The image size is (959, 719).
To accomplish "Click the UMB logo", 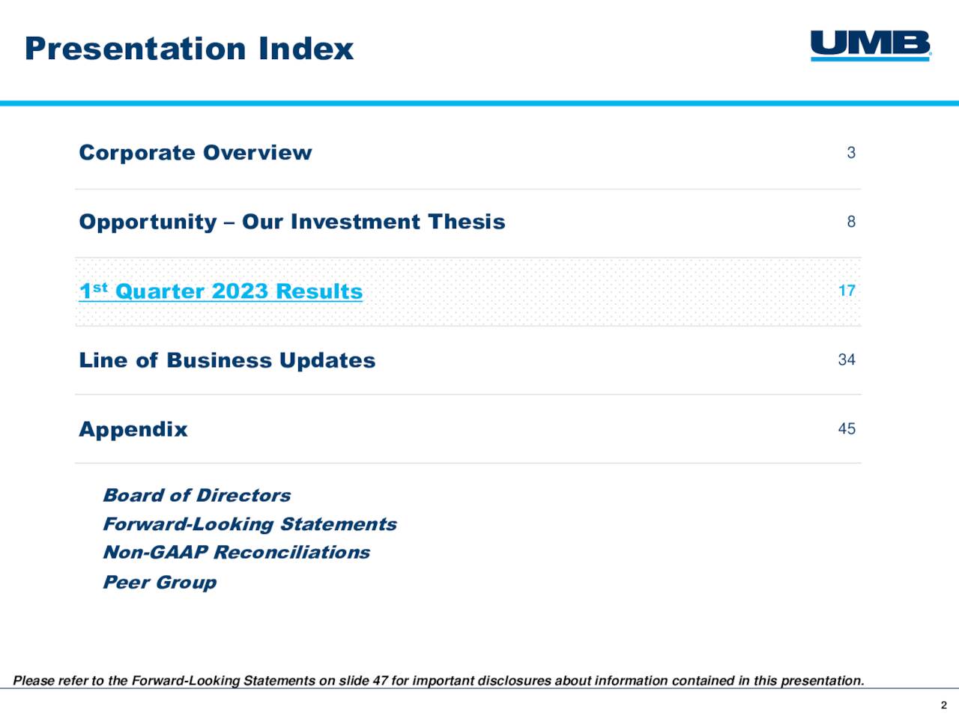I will [x=870, y=45].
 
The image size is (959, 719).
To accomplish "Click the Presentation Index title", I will [x=189, y=49].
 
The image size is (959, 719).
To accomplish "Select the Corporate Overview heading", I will [x=195, y=153].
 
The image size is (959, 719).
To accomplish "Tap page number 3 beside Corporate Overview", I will [x=851, y=153].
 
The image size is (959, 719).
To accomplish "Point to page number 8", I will [x=851, y=222].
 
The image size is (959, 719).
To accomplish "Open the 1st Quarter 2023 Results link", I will [x=220, y=291].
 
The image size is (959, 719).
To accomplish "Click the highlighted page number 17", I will [x=847, y=291].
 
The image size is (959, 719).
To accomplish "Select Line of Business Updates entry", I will [x=227, y=360].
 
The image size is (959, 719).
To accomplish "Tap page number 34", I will [x=847, y=359].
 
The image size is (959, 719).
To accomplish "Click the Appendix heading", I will [x=133, y=429].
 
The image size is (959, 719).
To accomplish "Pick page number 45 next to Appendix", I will [x=847, y=428].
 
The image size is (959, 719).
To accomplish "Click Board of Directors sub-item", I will [x=196, y=495].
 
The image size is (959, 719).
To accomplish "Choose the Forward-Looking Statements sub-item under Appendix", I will [x=249, y=524].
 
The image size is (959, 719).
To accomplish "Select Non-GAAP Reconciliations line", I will [x=236, y=553].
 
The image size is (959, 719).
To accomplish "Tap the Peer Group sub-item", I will [x=160, y=582].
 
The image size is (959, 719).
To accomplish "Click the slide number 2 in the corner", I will [x=944, y=705].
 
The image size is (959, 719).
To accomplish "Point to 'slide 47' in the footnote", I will [x=363, y=681].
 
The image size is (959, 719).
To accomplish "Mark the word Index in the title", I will [x=306, y=49].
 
